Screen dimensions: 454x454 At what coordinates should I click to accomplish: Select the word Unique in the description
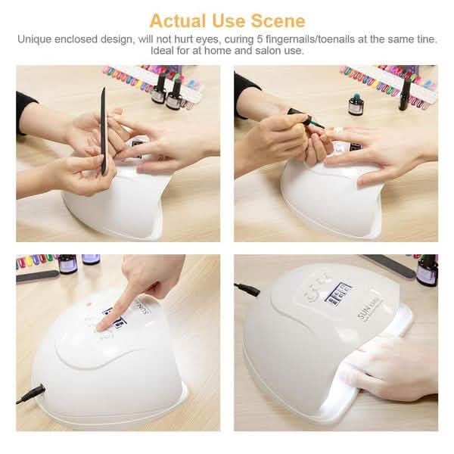35,39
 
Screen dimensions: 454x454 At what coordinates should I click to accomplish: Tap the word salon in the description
254,51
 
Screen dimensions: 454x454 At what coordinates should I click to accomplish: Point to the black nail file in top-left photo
102,129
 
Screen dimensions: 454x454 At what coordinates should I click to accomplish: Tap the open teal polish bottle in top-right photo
355,104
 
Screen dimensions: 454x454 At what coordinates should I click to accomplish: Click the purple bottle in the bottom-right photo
427,270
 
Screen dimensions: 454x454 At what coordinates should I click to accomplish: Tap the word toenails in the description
329,39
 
